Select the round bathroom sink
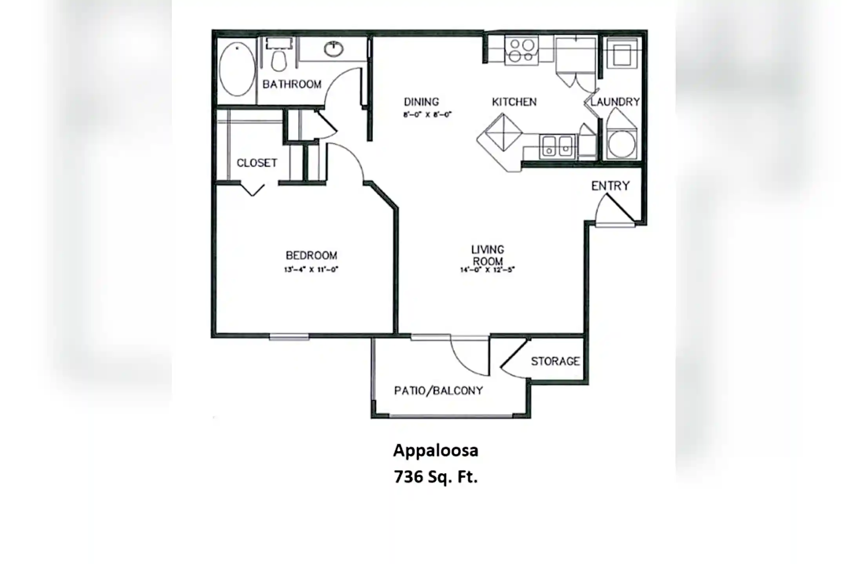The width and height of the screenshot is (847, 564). click(334, 49)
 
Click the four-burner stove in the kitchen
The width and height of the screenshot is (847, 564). click(521, 51)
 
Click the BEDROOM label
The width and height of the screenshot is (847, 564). click(311, 255)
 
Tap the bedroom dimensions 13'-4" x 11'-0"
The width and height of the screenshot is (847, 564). click(311, 269)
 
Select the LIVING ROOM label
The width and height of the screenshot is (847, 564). click(488, 255)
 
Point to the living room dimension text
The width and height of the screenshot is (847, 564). click(487, 269)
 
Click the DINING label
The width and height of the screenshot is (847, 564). click(422, 102)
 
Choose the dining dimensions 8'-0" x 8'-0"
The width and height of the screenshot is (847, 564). click(427, 115)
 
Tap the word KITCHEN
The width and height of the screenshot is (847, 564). click(514, 102)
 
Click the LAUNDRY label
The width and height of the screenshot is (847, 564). click(615, 102)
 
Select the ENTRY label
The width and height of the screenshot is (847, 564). click(611, 186)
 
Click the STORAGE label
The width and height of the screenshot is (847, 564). click(555, 361)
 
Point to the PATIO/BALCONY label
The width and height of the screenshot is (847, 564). click(438, 390)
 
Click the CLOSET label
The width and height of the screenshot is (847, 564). click(257, 163)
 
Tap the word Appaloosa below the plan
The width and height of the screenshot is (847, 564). click(436, 451)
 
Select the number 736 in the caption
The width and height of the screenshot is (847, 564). click(408, 477)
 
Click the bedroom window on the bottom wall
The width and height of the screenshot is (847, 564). click(289, 336)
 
